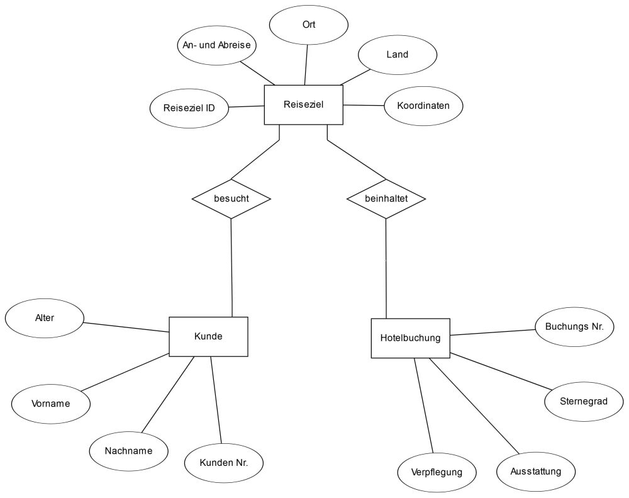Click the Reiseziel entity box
pos(304,105)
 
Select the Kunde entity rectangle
pos(209,337)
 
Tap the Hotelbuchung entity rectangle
pos(410,338)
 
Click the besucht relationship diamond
pos(231,199)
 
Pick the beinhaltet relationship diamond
pos(386,199)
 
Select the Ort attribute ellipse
pos(309,25)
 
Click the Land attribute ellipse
pos(398,55)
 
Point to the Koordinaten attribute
pos(423,106)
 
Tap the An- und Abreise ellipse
pos(216,45)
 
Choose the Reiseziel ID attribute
pos(189,108)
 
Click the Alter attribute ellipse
pos(45,318)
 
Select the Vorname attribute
pos(51,404)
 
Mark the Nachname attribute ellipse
pos(129,451)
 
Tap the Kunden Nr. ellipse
pos(224,463)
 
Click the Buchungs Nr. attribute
pos(574,327)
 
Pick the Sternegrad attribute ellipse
pos(584,402)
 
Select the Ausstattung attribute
pos(536,472)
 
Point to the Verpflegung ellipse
pos(437,472)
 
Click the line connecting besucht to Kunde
pos(231,268)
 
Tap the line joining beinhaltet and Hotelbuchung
pos(386,269)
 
